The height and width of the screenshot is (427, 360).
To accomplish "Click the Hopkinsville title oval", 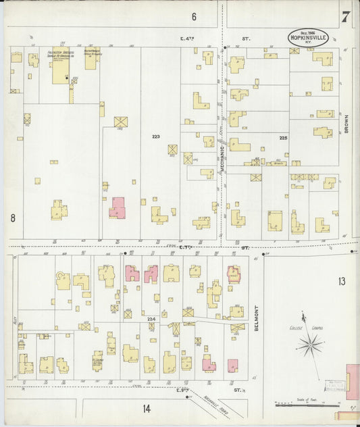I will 308,38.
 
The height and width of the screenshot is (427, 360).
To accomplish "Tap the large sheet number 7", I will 344,17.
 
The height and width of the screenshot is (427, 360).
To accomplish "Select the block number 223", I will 156,136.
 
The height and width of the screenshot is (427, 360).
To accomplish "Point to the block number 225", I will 284,137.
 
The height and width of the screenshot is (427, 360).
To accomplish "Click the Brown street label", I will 345,122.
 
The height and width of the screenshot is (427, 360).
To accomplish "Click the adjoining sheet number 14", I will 146,408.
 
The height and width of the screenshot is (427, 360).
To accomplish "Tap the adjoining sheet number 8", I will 12,218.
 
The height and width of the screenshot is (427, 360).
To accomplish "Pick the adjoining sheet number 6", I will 193,16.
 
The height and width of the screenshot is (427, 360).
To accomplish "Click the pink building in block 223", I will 118,207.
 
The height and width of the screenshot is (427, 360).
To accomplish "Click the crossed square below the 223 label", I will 173,149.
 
